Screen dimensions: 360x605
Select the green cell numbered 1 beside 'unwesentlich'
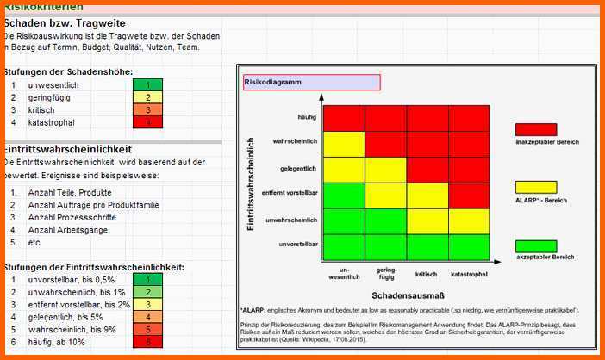point(147,85)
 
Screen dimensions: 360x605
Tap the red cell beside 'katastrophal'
point(147,123)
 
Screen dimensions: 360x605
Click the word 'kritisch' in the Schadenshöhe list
point(41,110)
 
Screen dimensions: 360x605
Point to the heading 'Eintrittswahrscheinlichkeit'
point(68,149)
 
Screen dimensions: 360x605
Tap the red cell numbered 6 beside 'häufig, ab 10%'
point(147,342)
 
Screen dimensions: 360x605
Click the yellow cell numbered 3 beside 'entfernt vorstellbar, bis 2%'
point(147,304)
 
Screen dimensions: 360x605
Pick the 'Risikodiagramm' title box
point(311,83)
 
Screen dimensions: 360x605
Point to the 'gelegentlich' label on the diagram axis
point(298,168)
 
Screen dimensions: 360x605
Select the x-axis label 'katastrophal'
point(469,274)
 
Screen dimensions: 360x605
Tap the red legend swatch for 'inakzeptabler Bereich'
point(535,129)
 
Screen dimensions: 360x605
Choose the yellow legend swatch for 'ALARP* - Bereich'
point(535,187)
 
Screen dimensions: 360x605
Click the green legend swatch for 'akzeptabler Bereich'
point(535,245)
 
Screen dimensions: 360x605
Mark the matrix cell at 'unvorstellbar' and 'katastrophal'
point(469,246)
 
